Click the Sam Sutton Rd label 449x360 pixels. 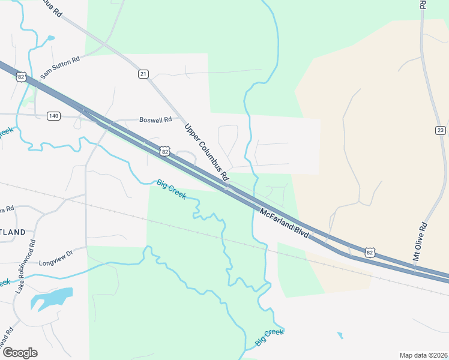(x=60, y=68)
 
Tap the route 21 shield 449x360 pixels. (x=143, y=74)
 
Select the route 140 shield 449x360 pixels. (x=53, y=115)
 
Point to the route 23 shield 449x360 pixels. (x=440, y=130)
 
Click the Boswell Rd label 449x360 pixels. (x=155, y=119)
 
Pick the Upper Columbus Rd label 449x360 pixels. (x=207, y=152)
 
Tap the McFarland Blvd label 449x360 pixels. (x=285, y=223)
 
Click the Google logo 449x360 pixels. (x=20, y=353)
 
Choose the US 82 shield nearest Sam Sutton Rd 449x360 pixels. (x=22, y=77)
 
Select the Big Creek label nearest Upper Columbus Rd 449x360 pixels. (x=171, y=190)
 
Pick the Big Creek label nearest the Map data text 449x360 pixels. (x=269, y=337)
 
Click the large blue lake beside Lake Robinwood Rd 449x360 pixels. (x=50, y=298)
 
